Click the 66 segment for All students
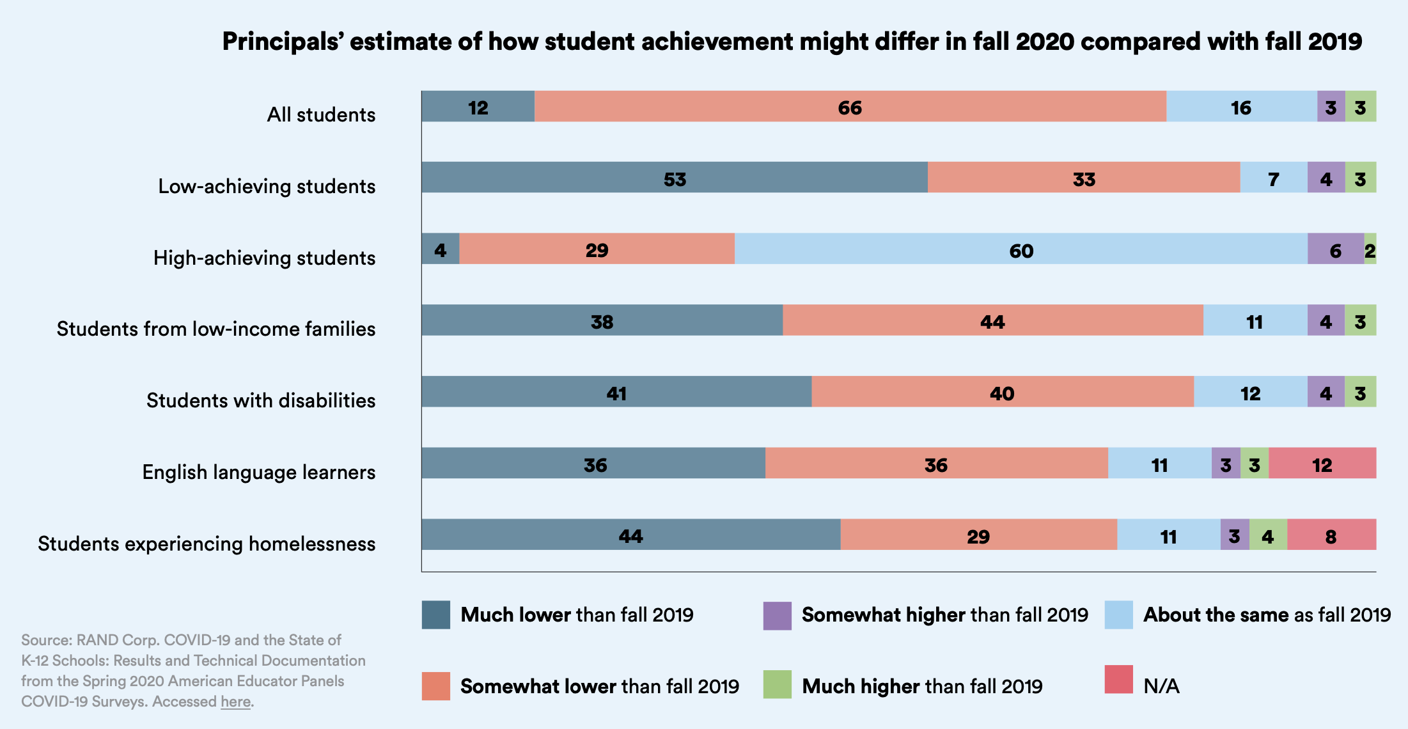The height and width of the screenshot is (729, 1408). [850, 107]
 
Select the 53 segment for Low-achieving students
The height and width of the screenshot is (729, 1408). [675, 178]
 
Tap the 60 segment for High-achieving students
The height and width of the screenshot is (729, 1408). [1021, 249]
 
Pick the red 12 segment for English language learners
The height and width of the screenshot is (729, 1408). [1322, 464]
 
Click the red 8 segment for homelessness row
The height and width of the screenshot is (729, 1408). [1331, 535]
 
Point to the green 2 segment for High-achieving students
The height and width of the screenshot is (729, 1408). [1370, 249]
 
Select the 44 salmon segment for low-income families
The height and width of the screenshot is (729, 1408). [992, 321]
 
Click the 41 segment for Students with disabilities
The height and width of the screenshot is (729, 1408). [616, 392]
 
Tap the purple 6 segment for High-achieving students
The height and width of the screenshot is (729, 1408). [1335, 249]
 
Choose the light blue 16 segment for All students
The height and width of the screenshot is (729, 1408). [1241, 107]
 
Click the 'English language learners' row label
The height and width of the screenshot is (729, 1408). [258, 472]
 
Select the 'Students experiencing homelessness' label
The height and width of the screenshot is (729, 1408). [207, 544]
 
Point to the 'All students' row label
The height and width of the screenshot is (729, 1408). [321, 114]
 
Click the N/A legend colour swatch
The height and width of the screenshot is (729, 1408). [1118, 680]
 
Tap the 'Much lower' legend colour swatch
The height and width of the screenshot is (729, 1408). [435, 615]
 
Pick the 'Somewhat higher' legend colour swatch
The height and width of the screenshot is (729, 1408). [777, 615]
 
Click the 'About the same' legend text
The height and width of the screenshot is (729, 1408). [1266, 615]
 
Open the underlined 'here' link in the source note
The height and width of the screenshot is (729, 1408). [235, 702]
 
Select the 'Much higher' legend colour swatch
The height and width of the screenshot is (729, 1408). [777, 684]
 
